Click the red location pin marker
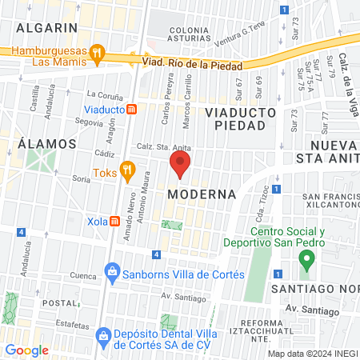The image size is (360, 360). click(x=180, y=166)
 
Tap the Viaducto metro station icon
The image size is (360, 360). click(x=132, y=109)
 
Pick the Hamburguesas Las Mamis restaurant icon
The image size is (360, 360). click(x=97, y=54)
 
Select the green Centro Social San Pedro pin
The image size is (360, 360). click(x=305, y=259)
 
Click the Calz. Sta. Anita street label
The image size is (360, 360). click(x=164, y=146)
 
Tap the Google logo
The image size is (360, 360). click(x=27, y=350)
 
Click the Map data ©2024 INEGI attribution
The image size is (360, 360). click(x=312, y=354)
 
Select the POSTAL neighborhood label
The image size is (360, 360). click(x=58, y=303)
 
